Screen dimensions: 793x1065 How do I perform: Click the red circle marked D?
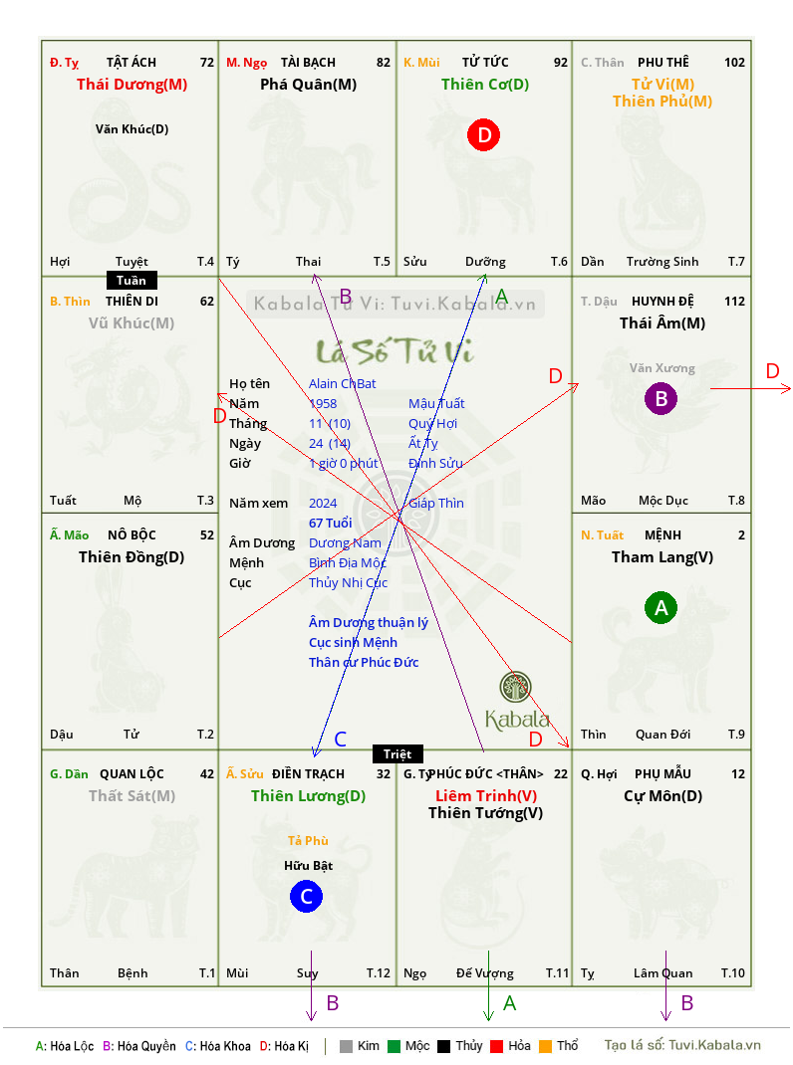click(x=483, y=135)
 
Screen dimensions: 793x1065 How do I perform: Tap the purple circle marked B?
click(x=661, y=399)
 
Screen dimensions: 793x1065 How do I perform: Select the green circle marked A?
click(x=661, y=608)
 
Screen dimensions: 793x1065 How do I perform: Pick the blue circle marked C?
click(x=306, y=897)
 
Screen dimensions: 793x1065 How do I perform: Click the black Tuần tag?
click(x=132, y=281)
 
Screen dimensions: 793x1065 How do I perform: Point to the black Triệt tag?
click(x=397, y=753)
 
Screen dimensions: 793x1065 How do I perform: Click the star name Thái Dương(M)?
click(x=132, y=85)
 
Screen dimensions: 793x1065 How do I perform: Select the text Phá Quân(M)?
click(x=308, y=85)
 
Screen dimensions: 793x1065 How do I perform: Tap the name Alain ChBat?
click(x=342, y=384)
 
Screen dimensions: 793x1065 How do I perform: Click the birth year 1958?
click(x=323, y=403)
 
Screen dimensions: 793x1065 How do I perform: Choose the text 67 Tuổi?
click(x=331, y=523)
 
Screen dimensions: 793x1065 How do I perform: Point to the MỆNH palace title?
click(x=662, y=535)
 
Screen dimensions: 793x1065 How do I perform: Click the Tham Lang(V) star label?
click(x=662, y=557)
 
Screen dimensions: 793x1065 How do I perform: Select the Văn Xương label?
click(x=661, y=368)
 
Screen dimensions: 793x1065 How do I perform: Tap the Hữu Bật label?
click(x=308, y=865)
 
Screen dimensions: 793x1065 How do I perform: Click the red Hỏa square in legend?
click(x=496, y=1046)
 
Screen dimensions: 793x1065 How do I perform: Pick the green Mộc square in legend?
click(x=394, y=1046)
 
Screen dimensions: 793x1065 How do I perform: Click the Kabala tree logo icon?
click(x=515, y=687)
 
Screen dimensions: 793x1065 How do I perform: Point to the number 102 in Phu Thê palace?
click(x=734, y=63)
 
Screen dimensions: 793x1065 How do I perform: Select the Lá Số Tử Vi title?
click(x=395, y=351)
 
